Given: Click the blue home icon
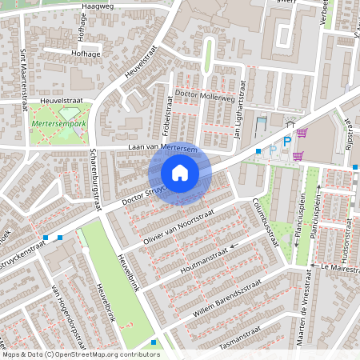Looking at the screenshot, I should [180, 173].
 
